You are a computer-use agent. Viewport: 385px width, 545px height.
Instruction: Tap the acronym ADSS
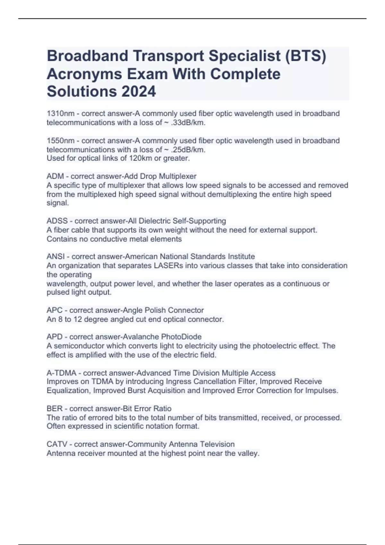57,221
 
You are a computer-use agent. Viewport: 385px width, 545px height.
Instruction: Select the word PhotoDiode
181,337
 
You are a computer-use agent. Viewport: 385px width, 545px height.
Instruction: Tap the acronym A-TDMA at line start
62,373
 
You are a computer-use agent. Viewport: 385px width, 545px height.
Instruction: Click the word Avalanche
141,337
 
